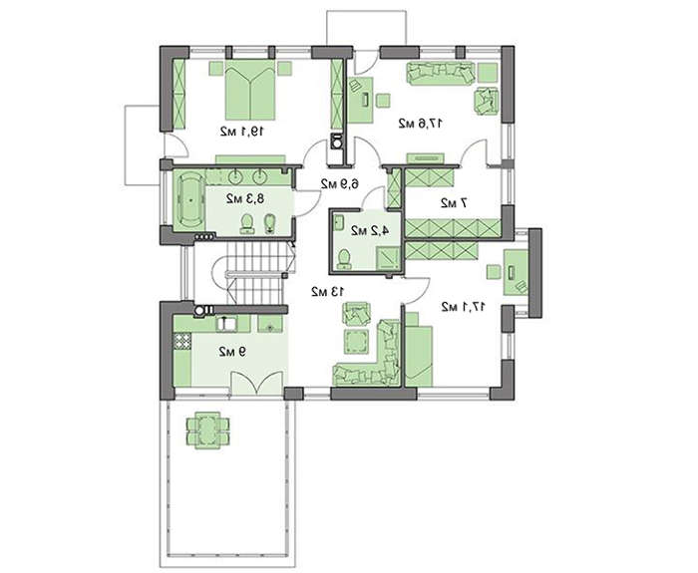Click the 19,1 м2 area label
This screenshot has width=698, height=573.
pyautogui.click(x=242, y=132)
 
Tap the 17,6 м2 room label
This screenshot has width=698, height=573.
pyautogui.click(x=420, y=124)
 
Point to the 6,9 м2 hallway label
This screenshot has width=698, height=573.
pyautogui.click(x=340, y=183)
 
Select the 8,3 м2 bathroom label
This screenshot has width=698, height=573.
pyautogui.click(x=245, y=198)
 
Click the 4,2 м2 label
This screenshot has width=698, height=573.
pyautogui.click(x=370, y=230)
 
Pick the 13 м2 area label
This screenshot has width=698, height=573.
pyautogui.click(x=328, y=291)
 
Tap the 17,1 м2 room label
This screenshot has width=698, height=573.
pyautogui.click(x=464, y=307)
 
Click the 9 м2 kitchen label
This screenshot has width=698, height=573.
pyautogui.click(x=232, y=352)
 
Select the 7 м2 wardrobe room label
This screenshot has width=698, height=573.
pyautogui.click(x=454, y=203)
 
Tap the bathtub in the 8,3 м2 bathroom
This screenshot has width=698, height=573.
pyautogui.click(x=190, y=200)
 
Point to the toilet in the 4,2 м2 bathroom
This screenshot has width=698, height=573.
pyautogui.click(x=343, y=259)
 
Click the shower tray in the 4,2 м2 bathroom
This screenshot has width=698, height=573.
pyautogui.click(x=388, y=258)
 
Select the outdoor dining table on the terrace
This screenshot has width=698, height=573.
pyautogui.click(x=208, y=430)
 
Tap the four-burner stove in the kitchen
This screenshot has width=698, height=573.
pyautogui.click(x=182, y=341)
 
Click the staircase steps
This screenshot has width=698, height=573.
pyautogui.click(x=255, y=273)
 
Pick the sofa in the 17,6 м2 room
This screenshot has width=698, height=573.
pyautogui.click(x=441, y=74)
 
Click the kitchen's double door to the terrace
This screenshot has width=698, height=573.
pyautogui.click(x=257, y=383)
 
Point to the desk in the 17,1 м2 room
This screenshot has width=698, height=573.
pyautogui.click(x=516, y=272)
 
